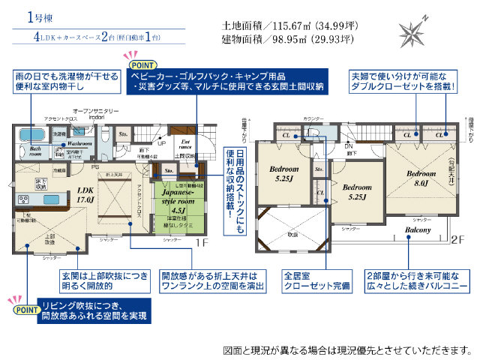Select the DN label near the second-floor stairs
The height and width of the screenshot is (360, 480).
tap(348, 146)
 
